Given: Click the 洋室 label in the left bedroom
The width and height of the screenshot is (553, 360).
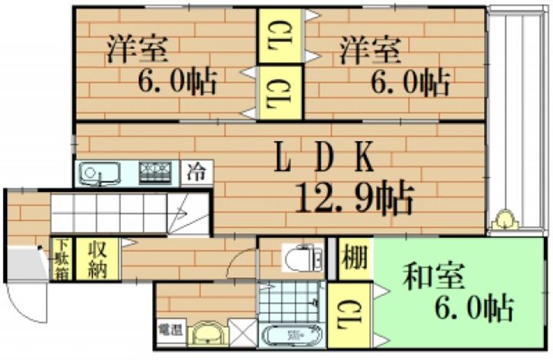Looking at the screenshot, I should tap(137, 50).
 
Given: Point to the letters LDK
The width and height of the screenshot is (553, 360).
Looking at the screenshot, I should tap(326, 160).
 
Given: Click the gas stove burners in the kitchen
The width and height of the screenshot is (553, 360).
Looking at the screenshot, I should tap(158, 172).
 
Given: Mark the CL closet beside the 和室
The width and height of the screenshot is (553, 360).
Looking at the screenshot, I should tap(349, 313).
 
